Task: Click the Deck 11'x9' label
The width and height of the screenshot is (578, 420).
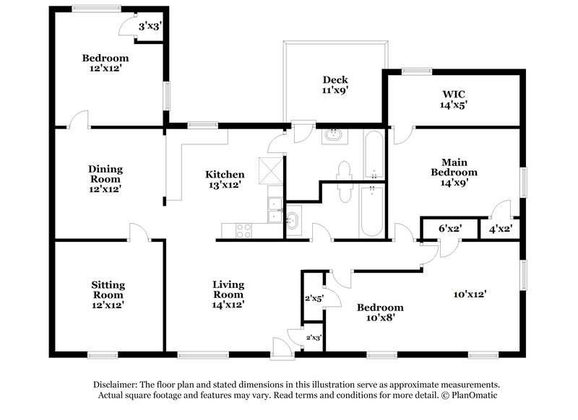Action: pyautogui.click(x=335, y=85)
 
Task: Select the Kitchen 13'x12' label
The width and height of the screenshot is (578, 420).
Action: pyautogui.click(x=225, y=179)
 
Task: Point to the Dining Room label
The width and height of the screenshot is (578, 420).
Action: pyautogui.click(x=105, y=179)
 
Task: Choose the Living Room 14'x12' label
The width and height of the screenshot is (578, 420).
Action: pyautogui.click(x=228, y=294)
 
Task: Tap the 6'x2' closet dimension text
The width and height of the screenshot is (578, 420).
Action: pyautogui.click(x=450, y=229)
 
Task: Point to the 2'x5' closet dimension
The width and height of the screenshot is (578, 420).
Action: pyautogui.click(x=313, y=297)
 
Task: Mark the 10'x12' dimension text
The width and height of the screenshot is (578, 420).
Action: pyautogui.click(x=470, y=294)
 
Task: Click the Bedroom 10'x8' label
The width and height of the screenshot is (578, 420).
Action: pyautogui.click(x=376, y=311)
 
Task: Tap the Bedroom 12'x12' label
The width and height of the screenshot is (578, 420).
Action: pyautogui.click(x=105, y=64)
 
